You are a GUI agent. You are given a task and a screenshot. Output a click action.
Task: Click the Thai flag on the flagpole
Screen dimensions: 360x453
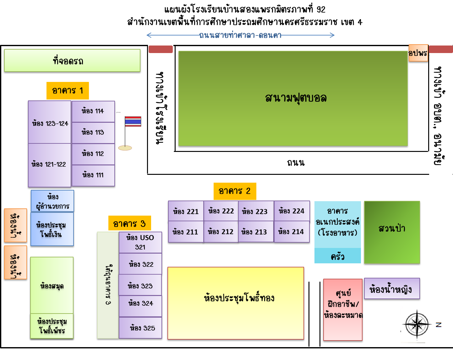click(x=133, y=121)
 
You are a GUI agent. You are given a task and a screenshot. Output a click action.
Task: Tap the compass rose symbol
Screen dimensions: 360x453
click(x=417, y=325)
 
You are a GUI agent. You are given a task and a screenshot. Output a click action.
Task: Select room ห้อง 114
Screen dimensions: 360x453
click(x=93, y=111)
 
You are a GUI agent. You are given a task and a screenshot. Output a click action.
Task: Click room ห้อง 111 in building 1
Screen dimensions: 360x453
click(x=93, y=175)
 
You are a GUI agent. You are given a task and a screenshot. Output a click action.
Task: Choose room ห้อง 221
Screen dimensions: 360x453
click(x=186, y=211)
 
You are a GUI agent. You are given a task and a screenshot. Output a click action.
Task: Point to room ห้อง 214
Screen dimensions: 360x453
click(x=291, y=232)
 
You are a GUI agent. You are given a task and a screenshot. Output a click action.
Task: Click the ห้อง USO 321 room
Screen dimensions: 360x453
click(x=140, y=242)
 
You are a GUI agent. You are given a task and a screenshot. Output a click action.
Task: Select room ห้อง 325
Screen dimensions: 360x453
click(x=140, y=328)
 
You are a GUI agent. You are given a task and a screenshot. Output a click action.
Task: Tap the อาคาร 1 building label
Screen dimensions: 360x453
click(x=68, y=91)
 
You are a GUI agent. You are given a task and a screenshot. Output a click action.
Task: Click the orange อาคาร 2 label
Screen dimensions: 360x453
click(x=235, y=191)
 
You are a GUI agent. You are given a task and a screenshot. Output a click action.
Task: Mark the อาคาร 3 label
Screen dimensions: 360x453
click(x=129, y=223)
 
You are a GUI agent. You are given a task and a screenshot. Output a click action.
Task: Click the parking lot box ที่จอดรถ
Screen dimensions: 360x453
click(x=72, y=61)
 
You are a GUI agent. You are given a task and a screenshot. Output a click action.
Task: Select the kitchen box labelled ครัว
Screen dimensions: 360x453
click(x=338, y=256)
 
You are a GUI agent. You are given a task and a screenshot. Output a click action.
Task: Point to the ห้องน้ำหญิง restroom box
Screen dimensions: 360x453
click(x=391, y=289)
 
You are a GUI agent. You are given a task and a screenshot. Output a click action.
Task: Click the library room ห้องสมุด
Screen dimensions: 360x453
click(x=52, y=285)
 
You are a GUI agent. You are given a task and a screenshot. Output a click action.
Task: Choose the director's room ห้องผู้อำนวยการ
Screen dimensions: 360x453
click(x=52, y=201)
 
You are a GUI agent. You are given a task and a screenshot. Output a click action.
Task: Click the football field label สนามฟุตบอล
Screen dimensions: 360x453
click(x=295, y=98)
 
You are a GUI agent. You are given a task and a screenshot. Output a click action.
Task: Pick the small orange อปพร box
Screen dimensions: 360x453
click(x=418, y=53)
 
